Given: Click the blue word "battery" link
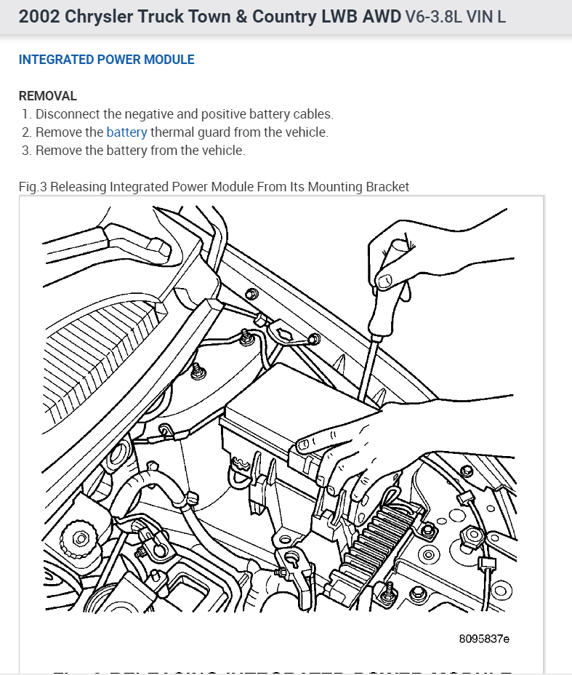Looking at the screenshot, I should click(x=126, y=132).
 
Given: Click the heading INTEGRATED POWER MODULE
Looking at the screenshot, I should click(x=106, y=60).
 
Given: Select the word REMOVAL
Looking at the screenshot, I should click(x=47, y=96).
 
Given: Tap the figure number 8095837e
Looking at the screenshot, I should click(x=484, y=639).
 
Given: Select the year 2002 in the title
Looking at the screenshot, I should click(x=39, y=16).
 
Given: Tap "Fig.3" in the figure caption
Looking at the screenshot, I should click(x=32, y=187).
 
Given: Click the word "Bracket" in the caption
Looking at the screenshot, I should click(x=387, y=187).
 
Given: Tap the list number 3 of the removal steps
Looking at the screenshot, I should click(x=26, y=151).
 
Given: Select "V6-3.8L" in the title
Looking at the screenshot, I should click(x=432, y=16).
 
